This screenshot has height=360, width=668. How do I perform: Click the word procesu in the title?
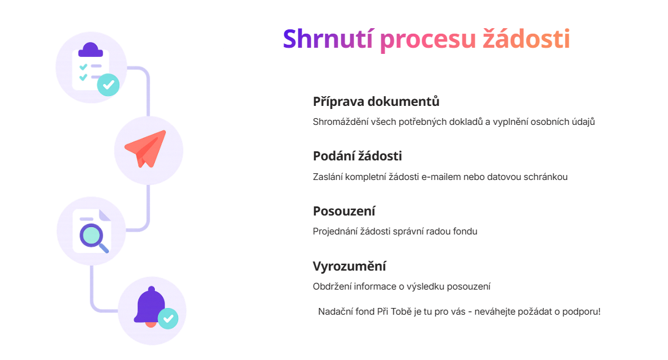coord(427,39)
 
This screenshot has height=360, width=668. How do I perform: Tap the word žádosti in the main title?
coord(526,39)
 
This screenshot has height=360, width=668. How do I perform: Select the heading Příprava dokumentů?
coord(376,101)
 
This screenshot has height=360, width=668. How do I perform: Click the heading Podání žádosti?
coord(357,156)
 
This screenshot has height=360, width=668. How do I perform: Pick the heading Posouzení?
coord(343,211)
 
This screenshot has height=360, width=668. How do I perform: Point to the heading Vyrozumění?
coord(349,266)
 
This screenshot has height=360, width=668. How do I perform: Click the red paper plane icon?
coord(146,149)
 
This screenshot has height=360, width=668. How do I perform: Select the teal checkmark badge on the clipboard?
coord(108,84)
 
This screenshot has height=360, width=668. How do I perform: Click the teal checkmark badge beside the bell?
coord(168,318)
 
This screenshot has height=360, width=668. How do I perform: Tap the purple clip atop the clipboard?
coord(91,50)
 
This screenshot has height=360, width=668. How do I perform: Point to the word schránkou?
coord(545,177)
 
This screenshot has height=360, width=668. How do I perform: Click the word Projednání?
coord(336,231)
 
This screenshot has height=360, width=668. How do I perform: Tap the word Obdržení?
coord(333,287)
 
